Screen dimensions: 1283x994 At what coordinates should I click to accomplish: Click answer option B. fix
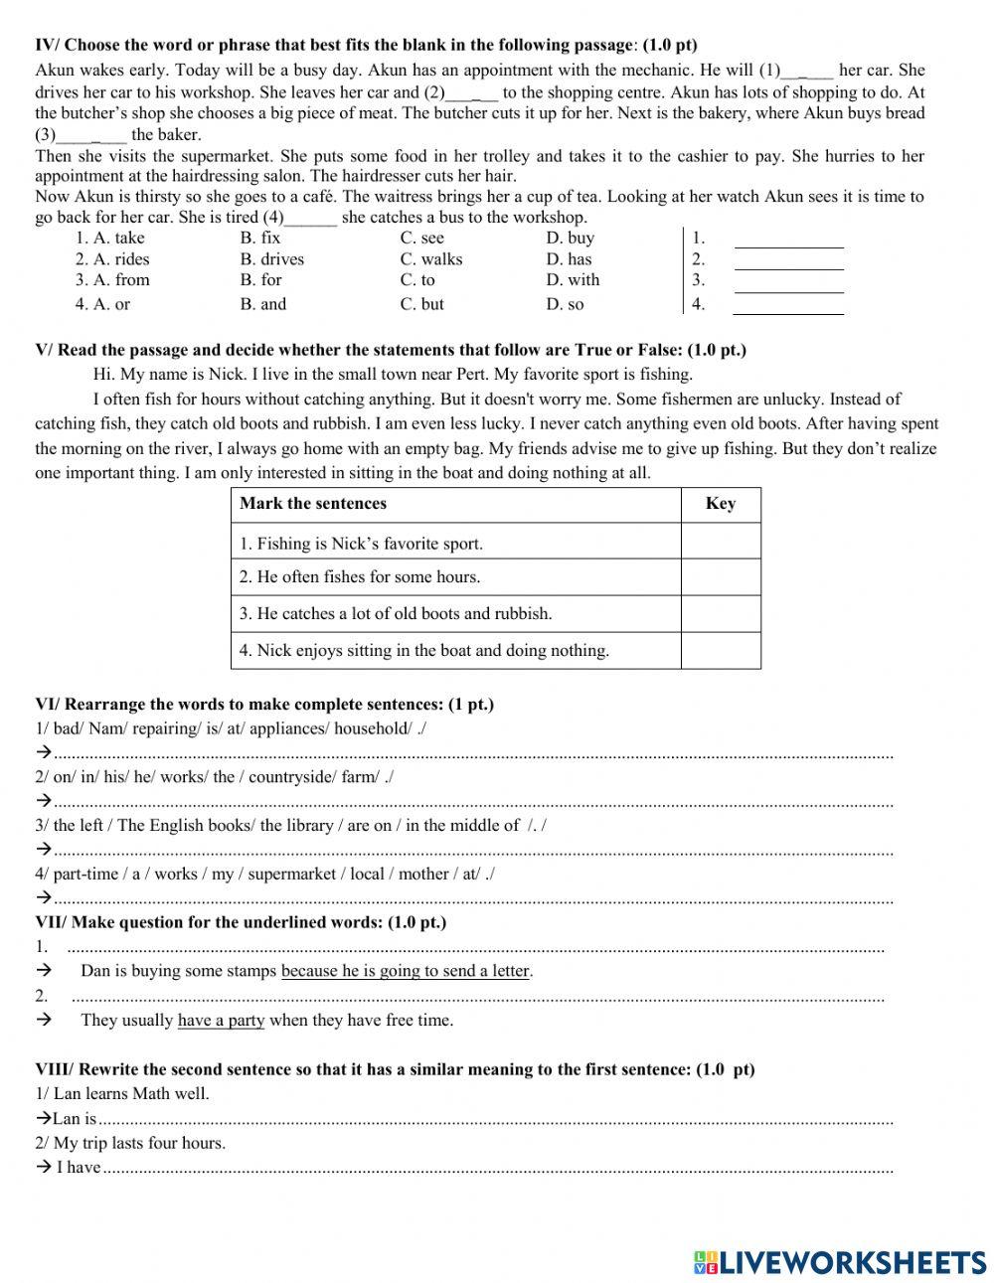click(259, 238)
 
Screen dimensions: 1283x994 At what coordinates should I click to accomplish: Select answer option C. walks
click(430, 259)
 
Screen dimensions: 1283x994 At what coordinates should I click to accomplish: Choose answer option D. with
click(573, 280)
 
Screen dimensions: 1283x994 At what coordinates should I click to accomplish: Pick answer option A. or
click(102, 304)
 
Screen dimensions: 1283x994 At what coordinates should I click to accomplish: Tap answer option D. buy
click(570, 238)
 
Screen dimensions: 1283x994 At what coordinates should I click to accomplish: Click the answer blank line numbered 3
click(788, 282)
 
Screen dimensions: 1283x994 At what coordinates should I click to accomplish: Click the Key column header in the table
click(721, 504)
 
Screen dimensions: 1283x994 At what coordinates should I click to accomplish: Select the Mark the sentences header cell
click(313, 504)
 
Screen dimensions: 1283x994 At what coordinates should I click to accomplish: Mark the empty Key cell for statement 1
click(721, 543)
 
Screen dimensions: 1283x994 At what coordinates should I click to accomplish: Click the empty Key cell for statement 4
click(721, 651)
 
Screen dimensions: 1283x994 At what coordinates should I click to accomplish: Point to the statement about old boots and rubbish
click(395, 614)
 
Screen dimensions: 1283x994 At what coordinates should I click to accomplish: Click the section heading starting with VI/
click(264, 705)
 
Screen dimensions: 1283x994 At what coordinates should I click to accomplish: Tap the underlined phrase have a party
click(221, 1020)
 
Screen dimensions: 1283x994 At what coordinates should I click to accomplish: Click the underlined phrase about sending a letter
click(406, 971)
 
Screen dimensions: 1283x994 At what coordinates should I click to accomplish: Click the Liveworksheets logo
click(840, 1262)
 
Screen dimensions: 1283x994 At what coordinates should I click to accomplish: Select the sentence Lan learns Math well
click(122, 1094)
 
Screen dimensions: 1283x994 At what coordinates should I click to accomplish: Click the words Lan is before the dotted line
click(75, 1119)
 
